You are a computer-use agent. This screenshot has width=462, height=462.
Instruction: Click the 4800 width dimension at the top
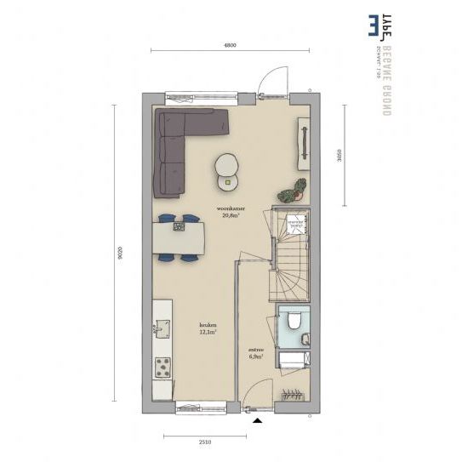click(229, 43)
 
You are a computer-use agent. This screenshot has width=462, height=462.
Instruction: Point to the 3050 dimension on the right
click(339, 155)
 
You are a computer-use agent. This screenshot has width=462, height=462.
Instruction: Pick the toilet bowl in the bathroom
click(291, 320)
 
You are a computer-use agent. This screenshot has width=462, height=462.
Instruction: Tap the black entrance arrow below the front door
click(255, 419)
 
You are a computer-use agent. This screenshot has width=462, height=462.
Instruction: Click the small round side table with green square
click(228, 179)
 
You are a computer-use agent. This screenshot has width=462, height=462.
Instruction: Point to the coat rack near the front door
click(293, 394)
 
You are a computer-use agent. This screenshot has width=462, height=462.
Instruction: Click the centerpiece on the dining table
click(180, 225)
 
